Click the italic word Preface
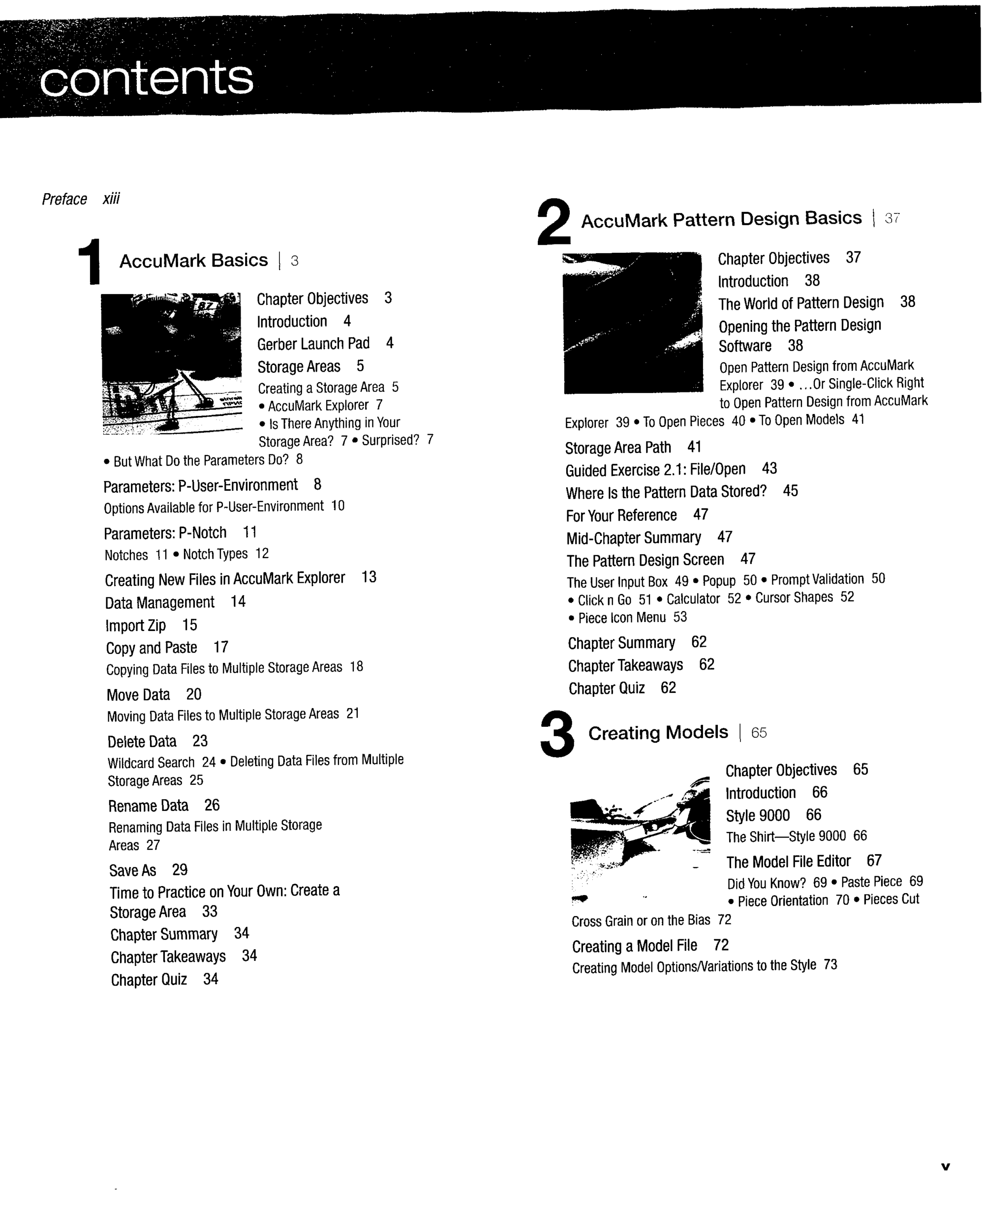[64, 199]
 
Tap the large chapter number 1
[89, 261]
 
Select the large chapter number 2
[553, 221]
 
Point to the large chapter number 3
[557, 734]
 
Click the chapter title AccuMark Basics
[193, 260]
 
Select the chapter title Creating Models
[658, 732]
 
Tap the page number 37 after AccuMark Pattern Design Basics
[892, 218]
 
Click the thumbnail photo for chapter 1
[171, 363]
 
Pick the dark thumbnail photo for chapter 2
[633, 323]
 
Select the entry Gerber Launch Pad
[313, 344]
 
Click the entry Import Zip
[136, 625]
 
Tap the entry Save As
[133, 870]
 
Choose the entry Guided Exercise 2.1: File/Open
[655, 470]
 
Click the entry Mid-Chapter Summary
[634, 538]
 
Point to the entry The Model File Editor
[789, 862]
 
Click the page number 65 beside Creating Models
[759, 733]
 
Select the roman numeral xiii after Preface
[111, 199]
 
